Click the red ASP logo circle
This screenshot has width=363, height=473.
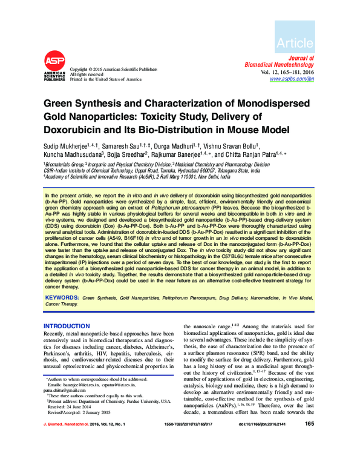point(53,62)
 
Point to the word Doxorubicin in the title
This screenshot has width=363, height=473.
point(77,130)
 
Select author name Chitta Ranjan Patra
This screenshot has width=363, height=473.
point(248,154)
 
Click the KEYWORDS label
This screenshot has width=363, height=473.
point(62,298)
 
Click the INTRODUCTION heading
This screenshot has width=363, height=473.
point(67,326)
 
